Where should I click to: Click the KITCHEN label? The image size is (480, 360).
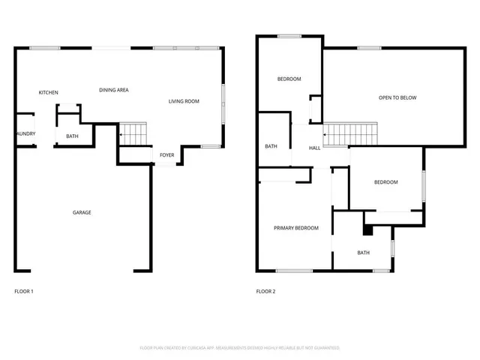tap(49, 92)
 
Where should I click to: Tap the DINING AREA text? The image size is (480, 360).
tap(114, 90)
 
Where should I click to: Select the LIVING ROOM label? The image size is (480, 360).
tap(184, 100)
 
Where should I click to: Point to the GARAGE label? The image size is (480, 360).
tap(82, 212)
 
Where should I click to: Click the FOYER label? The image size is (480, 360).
tap(166, 155)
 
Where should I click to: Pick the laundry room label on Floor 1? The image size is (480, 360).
tap(25, 134)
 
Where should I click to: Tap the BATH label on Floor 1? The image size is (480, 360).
tap(72, 136)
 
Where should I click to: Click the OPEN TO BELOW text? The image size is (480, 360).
tap(397, 97)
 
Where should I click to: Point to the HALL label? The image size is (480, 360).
tap(315, 148)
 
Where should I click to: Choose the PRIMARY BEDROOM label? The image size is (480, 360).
tap(295, 228)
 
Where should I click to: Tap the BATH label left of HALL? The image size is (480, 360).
tap(271, 146)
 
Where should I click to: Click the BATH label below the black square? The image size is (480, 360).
tap(363, 253)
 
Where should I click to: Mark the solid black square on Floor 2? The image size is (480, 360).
tap(367, 231)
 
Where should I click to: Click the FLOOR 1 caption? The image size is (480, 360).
tap(24, 291)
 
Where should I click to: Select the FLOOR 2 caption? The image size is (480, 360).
tap(266, 291)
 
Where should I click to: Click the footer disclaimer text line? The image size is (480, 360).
tap(240, 348)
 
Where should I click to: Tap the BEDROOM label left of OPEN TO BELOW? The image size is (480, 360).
tap(289, 79)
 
